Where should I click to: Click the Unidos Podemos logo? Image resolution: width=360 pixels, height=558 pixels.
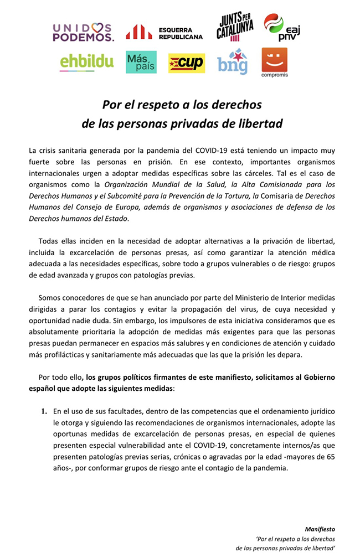[x=83, y=32]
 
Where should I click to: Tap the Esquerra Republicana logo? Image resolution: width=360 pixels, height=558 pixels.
[x=164, y=33]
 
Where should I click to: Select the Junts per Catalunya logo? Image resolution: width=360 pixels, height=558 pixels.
[x=235, y=28]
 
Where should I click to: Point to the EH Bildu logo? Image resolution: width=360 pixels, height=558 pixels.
[x=86, y=62]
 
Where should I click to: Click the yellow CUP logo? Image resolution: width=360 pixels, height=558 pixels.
[x=187, y=63]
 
